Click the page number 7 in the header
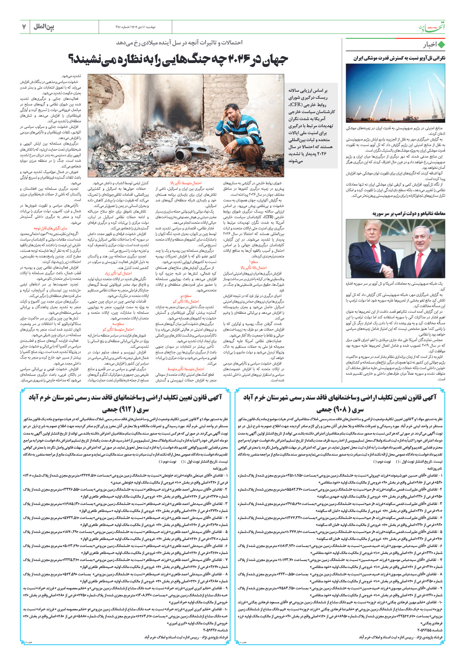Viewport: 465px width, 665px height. tap(24, 27)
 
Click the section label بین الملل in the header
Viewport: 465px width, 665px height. tap(44, 27)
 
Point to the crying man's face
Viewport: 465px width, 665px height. tap(232, 113)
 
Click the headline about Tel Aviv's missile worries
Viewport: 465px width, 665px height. tap(399, 58)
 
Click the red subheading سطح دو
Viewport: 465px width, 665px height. tap(186, 296)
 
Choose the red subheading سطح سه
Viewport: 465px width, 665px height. tap(118, 324)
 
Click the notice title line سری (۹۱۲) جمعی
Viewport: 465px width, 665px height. tap(126, 409)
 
